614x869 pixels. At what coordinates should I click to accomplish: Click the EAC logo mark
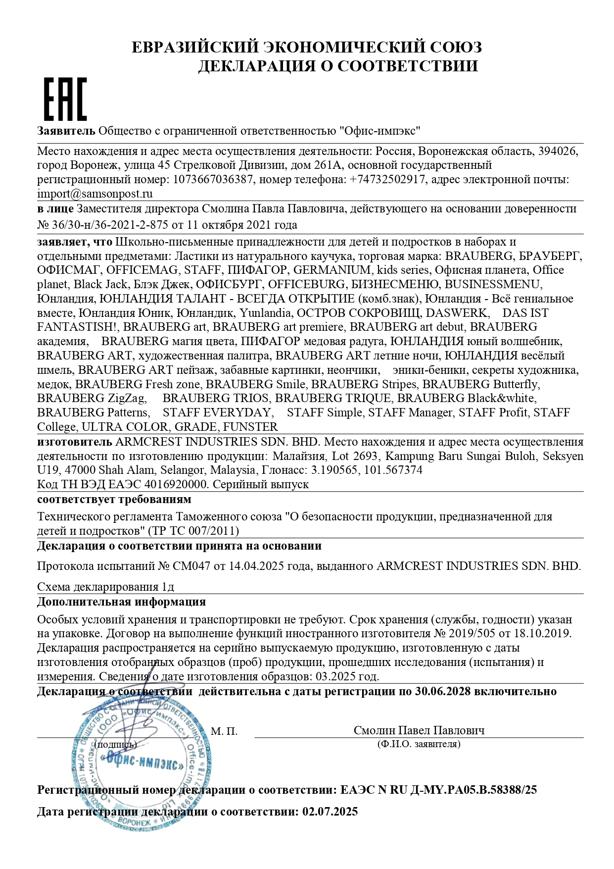[x=66, y=99]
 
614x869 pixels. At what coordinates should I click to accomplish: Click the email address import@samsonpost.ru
[x=95, y=194]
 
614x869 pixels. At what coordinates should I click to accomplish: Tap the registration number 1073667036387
[x=212, y=179]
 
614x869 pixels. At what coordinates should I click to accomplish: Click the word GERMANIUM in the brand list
[x=332, y=270]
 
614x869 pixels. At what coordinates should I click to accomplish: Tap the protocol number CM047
[x=190, y=566]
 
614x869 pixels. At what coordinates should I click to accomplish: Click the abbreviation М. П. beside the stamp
[x=224, y=731]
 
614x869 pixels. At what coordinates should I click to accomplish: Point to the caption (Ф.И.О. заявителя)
[x=419, y=744]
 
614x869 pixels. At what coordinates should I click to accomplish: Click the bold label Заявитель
[x=66, y=131]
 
